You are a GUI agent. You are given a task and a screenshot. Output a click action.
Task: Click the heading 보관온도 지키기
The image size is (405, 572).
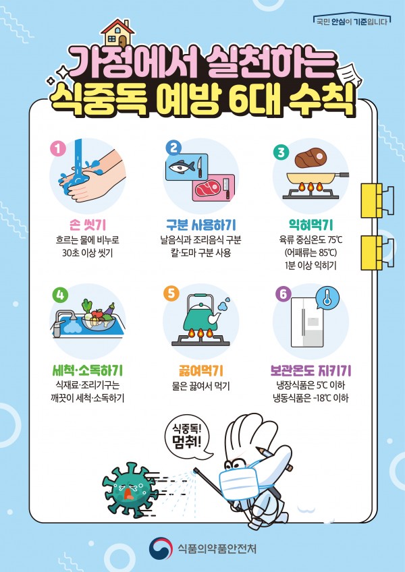click(310, 371)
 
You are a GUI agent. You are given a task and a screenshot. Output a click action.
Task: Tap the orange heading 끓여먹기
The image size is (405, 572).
click(199, 371)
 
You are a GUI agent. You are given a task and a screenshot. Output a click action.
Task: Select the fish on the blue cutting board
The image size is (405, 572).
click(180, 167)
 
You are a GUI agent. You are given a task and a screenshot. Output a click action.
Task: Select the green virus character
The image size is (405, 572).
click(130, 490)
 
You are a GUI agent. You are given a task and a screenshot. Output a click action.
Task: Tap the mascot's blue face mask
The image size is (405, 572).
click(238, 484)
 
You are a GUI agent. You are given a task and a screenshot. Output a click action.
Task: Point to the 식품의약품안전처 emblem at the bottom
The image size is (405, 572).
click(161, 548)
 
